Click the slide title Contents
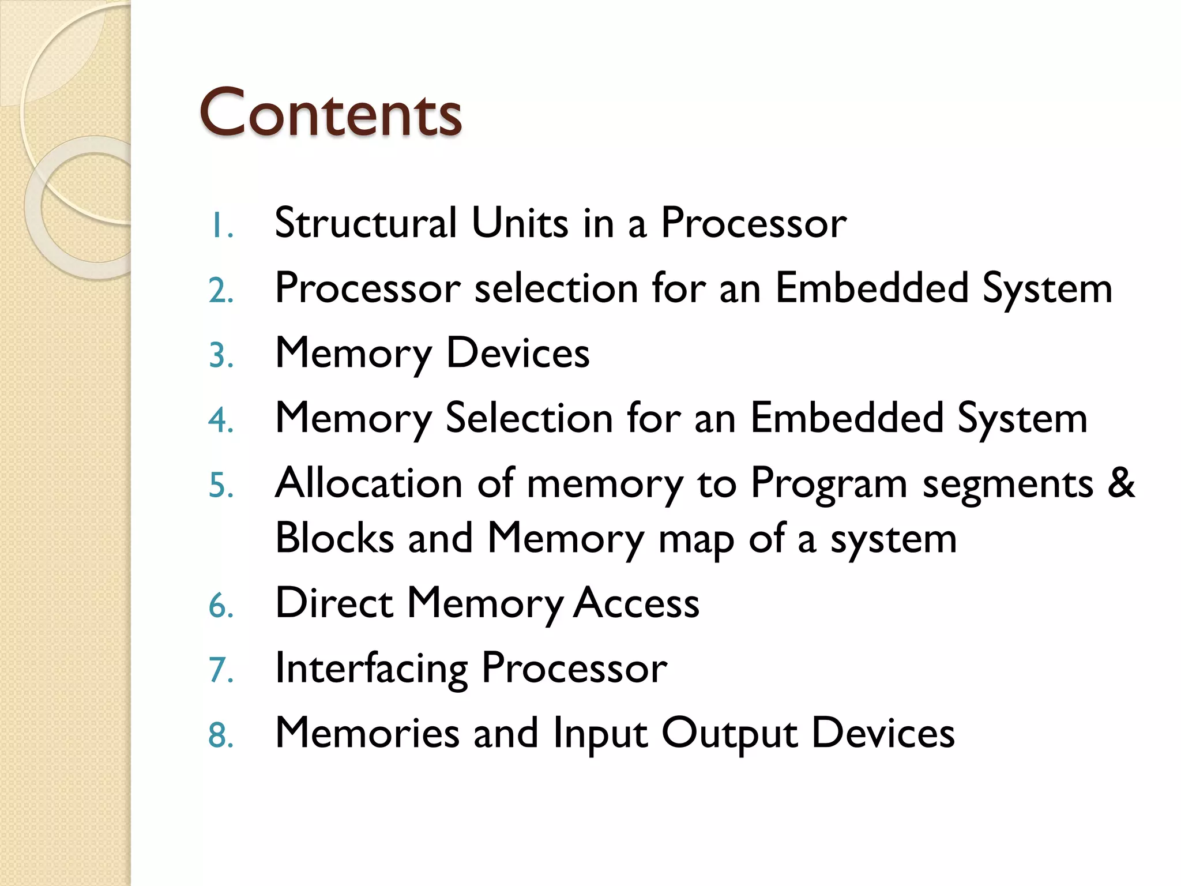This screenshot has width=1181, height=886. click(330, 113)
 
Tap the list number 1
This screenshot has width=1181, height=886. click(221, 226)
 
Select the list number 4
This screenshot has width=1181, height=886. click(221, 421)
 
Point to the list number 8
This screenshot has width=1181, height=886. click(221, 735)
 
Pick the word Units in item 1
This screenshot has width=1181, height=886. click(520, 223)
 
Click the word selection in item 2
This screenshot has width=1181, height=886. click(556, 288)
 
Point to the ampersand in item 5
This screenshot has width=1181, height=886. click(1121, 483)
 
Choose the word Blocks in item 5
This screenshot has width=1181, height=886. click(334, 538)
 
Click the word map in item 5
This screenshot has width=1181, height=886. click(696, 540)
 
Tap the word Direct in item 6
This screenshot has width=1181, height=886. click(334, 603)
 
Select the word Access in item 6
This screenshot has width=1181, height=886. click(637, 603)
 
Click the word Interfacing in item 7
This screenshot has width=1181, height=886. click(371, 669)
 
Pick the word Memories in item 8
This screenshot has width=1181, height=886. click(367, 733)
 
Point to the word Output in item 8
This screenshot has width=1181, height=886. click(729, 734)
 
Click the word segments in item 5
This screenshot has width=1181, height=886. click(1007, 485)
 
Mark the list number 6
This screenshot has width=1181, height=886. click(221, 606)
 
